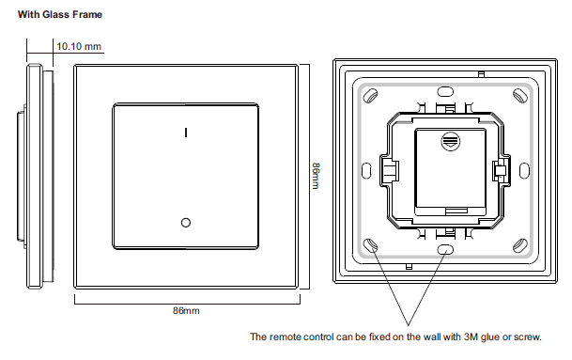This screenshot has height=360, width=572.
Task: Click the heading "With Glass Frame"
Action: (x=60, y=15)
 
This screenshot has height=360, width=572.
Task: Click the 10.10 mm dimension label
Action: (x=79, y=46)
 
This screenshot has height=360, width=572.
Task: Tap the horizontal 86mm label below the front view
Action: (x=186, y=311)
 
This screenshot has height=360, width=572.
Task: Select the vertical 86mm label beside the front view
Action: (x=316, y=176)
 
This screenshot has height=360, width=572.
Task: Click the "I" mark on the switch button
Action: (x=186, y=133)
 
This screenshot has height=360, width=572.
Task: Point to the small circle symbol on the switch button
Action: (x=186, y=223)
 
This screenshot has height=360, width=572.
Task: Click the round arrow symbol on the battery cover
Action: (x=451, y=142)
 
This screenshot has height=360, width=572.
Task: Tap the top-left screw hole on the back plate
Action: (x=370, y=96)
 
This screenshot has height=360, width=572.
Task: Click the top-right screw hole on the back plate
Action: (x=519, y=96)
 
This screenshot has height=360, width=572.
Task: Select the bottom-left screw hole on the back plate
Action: (x=370, y=245)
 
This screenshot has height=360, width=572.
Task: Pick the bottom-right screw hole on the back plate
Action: (x=519, y=245)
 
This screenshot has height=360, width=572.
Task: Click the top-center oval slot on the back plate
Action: (x=445, y=91)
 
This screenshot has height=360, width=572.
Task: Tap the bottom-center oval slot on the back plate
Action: (x=445, y=250)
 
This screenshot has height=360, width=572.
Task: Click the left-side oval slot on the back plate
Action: (x=366, y=171)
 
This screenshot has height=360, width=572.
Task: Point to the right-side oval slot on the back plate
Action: (x=524, y=171)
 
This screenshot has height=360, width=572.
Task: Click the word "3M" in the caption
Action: (x=471, y=337)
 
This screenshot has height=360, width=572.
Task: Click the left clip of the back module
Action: (x=389, y=171)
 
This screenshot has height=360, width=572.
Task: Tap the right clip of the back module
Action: (x=502, y=170)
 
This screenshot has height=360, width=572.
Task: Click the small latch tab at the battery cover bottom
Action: (x=456, y=211)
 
